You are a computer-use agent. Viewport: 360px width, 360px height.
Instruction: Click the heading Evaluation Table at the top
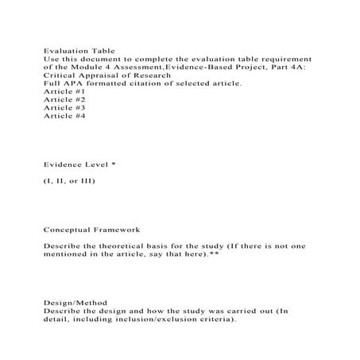coord(78,49)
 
